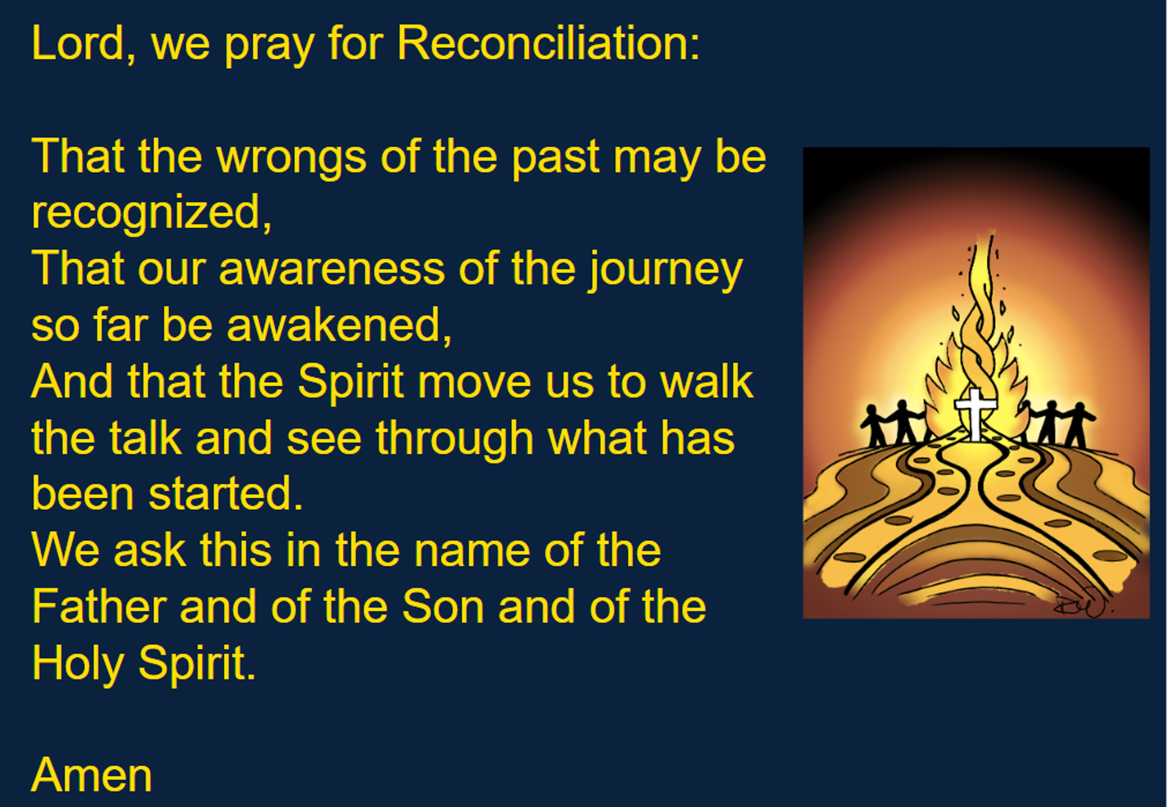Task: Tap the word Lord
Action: (77, 43)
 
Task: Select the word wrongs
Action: (291, 158)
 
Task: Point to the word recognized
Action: (151, 214)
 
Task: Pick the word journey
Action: (665, 270)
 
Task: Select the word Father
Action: (100, 606)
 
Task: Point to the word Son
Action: (443, 606)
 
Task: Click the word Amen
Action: (91, 776)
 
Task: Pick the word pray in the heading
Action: (269, 46)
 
